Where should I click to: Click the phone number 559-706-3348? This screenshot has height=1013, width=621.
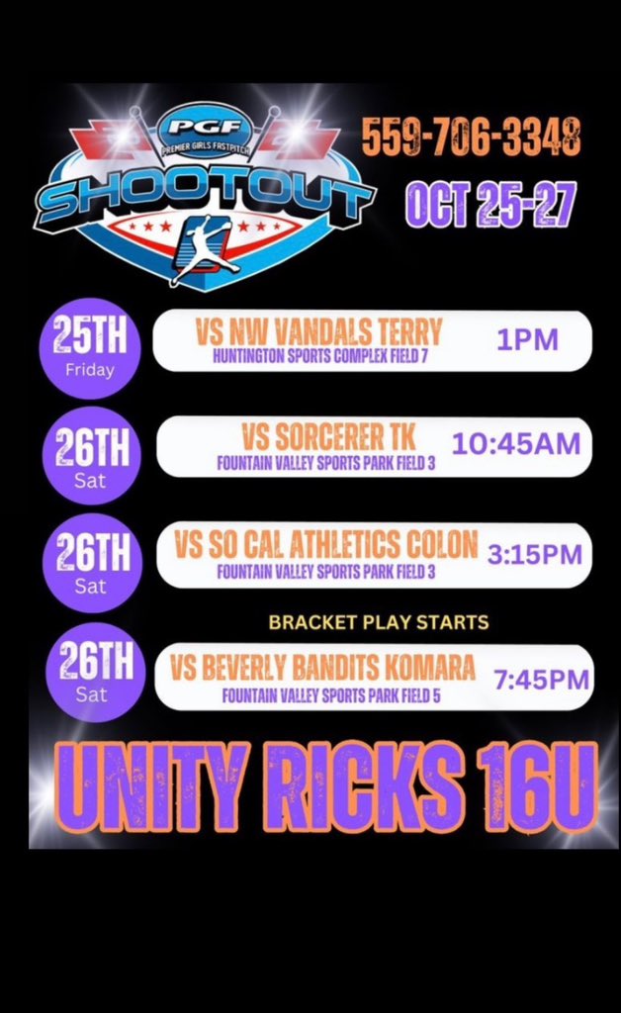click(470, 137)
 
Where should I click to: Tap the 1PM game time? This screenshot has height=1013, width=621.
click(527, 339)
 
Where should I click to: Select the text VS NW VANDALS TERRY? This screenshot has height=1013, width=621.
click(327, 331)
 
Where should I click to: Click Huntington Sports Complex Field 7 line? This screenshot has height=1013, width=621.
click(319, 355)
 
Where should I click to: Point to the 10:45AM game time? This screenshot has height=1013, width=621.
click(516, 444)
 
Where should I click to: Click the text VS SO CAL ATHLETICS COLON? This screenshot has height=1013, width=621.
click(325, 544)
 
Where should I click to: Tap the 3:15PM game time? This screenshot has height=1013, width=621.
click(534, 554)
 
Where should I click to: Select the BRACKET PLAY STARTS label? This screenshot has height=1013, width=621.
click(379, 623)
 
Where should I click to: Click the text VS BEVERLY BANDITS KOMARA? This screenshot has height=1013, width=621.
click(322, 667)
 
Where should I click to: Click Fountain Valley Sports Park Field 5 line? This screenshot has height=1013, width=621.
click(330, 694)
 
